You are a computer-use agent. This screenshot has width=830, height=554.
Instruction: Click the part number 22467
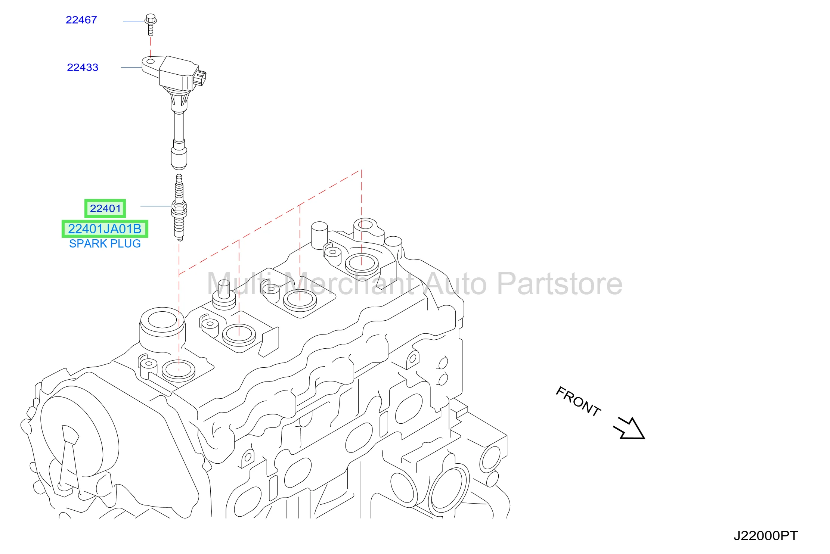click(x=81, y=20)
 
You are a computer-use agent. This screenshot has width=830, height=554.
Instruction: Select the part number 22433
click(x=83, y=67)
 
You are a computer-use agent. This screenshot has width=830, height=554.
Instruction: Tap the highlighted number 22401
click(x=105, y=208)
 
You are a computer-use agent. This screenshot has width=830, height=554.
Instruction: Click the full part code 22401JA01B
click(x=105, y=229)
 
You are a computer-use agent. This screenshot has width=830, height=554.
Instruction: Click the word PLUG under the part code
click(x=126, y=243)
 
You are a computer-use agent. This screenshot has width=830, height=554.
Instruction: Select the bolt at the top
click(x=151, y=25)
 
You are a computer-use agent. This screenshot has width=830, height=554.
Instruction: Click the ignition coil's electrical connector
click(x=200, y=78)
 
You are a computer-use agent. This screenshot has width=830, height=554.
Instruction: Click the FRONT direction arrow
click(x=630, y=429)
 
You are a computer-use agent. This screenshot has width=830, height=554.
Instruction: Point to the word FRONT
click(x=578, y=401)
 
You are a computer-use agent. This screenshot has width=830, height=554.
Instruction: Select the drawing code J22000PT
click(x=765, y=536)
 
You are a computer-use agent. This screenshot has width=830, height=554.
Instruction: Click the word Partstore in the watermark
click(x=560, y=284)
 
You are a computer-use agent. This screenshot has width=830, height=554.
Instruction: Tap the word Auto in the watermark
click(x=455, y=284)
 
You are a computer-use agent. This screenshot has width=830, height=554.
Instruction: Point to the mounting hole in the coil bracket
click(x=150, y=61)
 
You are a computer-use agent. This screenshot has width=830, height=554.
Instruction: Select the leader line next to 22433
click(x=131, y=67)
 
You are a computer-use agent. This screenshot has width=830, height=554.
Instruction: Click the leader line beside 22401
click(x=156, y=206)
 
